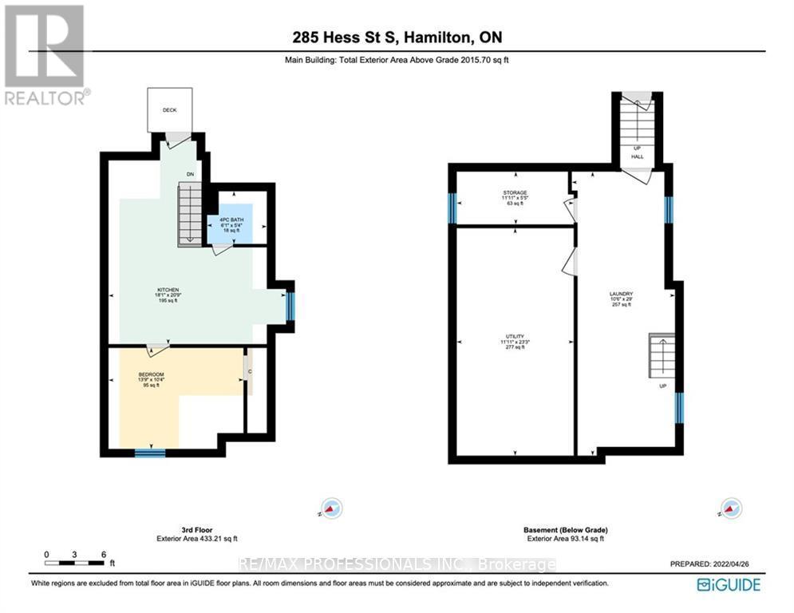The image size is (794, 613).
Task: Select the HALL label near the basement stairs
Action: [637, 156]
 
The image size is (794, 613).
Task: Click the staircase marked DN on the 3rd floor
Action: [189, 213]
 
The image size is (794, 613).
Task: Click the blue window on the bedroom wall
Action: [149, 453]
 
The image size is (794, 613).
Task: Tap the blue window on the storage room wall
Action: [452, 208]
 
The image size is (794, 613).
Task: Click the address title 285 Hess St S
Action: [397, 38]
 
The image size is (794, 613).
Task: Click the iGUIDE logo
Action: [728, 585]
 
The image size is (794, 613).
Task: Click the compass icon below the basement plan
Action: [729, 508]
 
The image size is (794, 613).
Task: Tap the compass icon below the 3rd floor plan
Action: [330, 508]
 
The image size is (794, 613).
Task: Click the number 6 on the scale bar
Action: [104, 554]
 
